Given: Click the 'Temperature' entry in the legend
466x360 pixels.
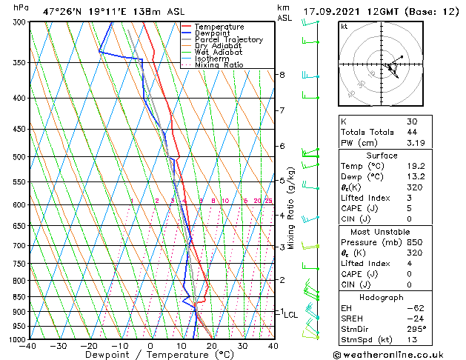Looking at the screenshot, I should click(219, 27).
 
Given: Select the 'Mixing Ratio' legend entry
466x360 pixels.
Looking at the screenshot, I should click(219, 65).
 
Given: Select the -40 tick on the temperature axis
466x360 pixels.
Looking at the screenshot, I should click(29, 346).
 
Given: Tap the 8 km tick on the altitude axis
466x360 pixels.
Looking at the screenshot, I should click(282, 75).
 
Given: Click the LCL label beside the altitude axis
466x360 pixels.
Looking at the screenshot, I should click(290, 315).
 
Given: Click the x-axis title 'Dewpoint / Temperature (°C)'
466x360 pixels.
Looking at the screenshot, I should click(150, 355).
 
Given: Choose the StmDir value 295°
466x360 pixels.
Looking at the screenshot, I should click(416, 328).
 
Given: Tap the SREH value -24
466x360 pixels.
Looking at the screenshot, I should click(414, 317).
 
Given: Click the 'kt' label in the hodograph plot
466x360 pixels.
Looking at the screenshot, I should click(344, 27).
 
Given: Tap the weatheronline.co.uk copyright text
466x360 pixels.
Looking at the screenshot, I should click(400, 354).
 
